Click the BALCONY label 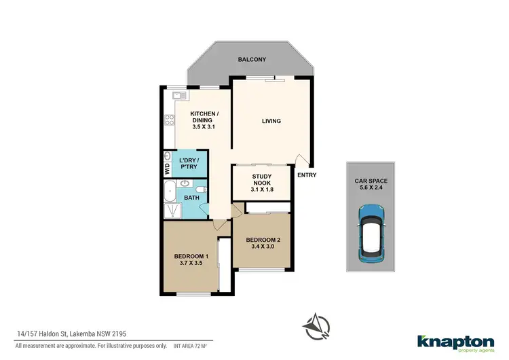(x=251, y=60)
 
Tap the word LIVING (x=271, y=122)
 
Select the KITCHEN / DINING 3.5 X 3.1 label (x=204, y=120)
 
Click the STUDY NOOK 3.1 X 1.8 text (x=261, y=185)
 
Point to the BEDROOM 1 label (x=191, y=259)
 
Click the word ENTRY (x=307, y=175)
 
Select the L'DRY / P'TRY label (x=190, y=164)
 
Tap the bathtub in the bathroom (x=170, y=192)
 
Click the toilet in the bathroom (x=201, y=188)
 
